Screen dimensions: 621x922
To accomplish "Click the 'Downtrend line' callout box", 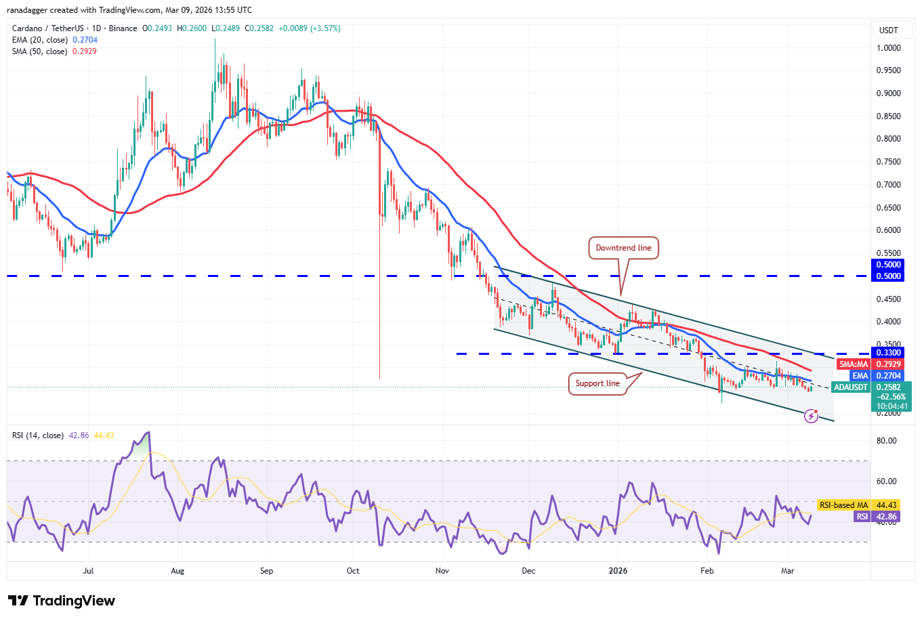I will pos(623,248).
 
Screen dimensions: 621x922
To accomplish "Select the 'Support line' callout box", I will pos(598,383).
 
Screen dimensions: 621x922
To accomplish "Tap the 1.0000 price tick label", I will pos(888,48).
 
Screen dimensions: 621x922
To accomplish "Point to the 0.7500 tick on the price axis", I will pos(888,162).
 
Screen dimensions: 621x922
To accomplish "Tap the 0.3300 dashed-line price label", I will pos(888,353).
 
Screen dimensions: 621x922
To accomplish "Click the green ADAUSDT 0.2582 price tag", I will pos(871,387).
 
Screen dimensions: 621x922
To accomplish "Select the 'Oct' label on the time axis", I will pos(353,571).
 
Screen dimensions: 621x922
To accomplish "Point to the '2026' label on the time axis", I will pos(618,571).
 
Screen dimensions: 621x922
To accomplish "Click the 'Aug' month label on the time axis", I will pos(177,571).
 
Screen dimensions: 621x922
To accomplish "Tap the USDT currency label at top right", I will pos(888,30).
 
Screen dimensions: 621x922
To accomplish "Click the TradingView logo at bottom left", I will pos(62,601).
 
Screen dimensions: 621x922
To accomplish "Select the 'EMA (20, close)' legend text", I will pos(40,40).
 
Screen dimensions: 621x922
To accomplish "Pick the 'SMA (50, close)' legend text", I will pos(39,51).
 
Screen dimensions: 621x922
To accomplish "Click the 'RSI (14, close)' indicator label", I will pos(38,435).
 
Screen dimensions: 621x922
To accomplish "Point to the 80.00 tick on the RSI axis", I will pos(886,441).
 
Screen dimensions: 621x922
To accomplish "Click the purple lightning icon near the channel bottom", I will pos(811,416).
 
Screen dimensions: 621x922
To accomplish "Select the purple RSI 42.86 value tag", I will pos(876,517).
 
